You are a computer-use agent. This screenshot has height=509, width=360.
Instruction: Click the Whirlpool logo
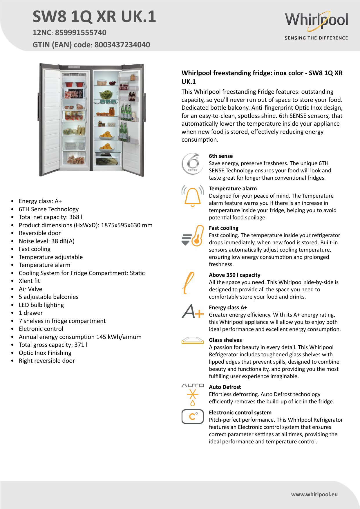[x=316, y=20]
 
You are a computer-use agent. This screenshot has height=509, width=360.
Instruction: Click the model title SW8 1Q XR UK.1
[x=94, y=17]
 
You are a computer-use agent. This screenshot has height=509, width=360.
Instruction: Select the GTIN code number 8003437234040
[x=122, y=45]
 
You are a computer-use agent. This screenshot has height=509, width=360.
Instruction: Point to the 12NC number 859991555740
[x=81, y=33]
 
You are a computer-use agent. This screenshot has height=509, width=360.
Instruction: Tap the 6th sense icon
[x=192, y=164]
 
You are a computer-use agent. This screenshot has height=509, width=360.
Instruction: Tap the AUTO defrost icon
[x=193, y=394]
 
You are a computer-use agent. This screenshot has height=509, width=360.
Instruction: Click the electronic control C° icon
[x=193, y=416]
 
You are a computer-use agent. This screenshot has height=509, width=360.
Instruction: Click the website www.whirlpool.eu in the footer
[x=314, y=494]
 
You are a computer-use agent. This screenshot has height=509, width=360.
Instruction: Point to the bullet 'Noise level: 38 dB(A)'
[x=47, y=241]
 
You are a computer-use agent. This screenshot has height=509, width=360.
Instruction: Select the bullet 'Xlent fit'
[x=29, y=281]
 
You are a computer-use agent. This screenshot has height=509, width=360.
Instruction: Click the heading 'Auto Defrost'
[x=225, y=387]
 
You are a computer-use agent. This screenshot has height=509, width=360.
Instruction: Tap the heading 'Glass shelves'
[x=225, y=340]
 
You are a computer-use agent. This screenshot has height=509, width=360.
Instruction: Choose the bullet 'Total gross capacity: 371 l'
[x=53, y=345]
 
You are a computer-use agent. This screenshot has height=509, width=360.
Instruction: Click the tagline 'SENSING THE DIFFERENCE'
[x=316, y=38]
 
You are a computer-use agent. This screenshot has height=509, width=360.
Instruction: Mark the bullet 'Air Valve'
[x=30, y=289]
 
